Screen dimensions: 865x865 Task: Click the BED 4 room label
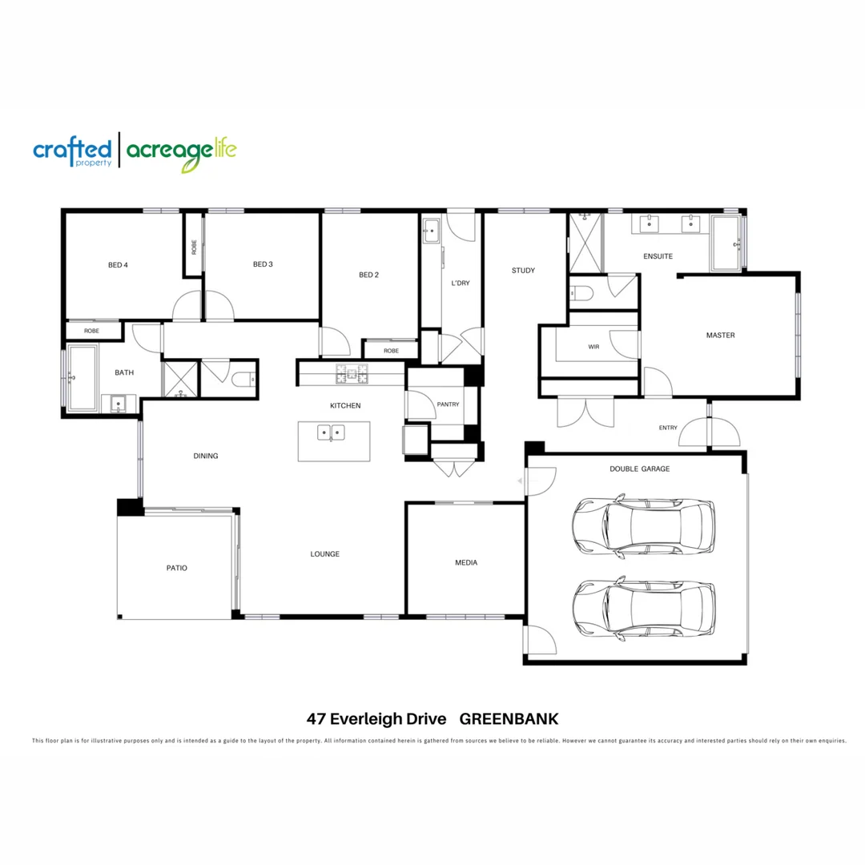pos(118,265)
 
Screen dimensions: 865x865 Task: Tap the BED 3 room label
pos(263,264)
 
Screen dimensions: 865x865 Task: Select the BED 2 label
pos(368,275)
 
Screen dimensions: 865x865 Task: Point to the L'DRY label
pos(461,283)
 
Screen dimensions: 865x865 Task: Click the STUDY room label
pos(523,271)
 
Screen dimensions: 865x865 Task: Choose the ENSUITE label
pos(658,256)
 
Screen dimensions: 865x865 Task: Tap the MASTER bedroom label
pos(720,336)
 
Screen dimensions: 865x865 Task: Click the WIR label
pos(593,347)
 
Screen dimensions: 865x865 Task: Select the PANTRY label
pos(449,404)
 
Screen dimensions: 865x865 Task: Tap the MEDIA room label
pos(466,563)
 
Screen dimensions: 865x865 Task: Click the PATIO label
pos(177,568)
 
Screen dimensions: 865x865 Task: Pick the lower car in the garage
pos(643,610)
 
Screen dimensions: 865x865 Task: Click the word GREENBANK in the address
pos(513,718)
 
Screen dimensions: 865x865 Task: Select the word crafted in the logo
pos(72,149)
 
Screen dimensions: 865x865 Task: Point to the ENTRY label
pos(668,428)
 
